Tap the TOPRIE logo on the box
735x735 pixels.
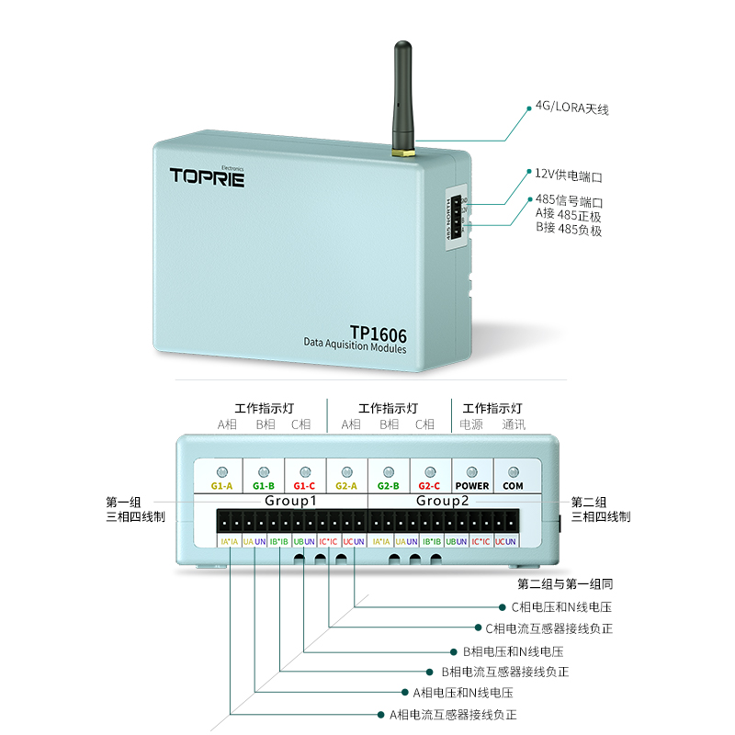coord(207,176)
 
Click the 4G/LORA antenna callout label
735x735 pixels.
coord(571,108)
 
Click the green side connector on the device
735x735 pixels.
coord(457,218)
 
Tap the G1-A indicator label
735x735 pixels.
coord(221,485)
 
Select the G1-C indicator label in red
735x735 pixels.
coord(305,485)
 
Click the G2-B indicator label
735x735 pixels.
coord(389,485)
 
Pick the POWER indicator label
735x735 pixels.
coord(472,485)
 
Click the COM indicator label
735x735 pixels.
coord(514,485)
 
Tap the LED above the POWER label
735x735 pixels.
coord(472,470)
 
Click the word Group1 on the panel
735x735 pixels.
coord(290,501)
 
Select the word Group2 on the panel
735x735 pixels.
coord(442,501)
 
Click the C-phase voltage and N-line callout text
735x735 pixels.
coord(561,607)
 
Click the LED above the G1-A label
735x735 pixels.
coord(221,470)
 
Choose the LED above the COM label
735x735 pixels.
coord(514,470)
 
